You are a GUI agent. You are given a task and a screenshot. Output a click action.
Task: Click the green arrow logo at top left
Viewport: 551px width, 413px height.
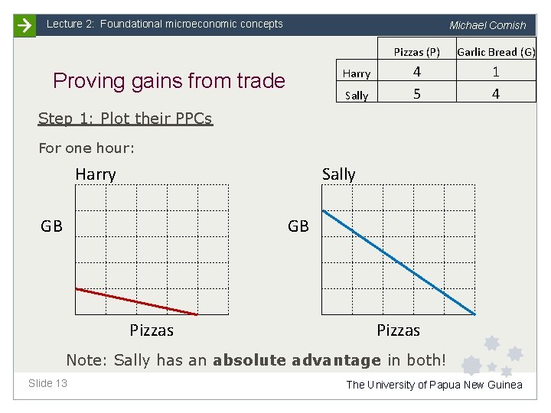click(24, 25)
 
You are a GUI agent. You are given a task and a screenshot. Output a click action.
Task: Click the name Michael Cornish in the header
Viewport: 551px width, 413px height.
click(487, 25)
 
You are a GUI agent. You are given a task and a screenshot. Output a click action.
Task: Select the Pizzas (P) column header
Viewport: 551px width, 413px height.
click(416, 52)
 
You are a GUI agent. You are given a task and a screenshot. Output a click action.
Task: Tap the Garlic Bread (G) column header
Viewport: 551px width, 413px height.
click(496, 52)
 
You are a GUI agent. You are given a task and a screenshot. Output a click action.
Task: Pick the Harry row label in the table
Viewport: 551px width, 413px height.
click(357, 73)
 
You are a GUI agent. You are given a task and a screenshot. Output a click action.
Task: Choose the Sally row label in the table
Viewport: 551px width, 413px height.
click(357, 96)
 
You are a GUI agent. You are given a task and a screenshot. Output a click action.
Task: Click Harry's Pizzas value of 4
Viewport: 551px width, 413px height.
click(417, 73)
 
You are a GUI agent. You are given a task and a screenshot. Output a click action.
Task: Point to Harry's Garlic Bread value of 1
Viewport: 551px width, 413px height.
click(496, 73)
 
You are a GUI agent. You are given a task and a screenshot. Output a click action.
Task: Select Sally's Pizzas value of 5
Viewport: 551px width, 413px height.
click(417, 95)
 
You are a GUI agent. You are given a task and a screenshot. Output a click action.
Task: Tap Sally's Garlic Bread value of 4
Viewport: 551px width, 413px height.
click(496, 95)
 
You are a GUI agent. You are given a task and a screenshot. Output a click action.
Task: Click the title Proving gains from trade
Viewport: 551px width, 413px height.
click(168, 81)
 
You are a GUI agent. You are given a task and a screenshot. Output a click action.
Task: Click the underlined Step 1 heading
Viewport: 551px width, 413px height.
click(125, 119)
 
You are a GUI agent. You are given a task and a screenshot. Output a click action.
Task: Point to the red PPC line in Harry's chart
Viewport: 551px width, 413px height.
click(136, 301)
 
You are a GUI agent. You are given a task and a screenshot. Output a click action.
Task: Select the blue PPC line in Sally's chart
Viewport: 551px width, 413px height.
click(399, 262)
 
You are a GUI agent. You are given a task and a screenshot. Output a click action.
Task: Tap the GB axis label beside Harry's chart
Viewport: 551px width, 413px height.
click(52, 226)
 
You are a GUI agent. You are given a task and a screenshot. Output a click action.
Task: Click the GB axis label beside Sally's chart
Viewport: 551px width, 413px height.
click(298, 226)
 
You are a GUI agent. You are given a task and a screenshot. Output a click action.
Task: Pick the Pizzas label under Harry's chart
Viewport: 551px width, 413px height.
click(152, 330)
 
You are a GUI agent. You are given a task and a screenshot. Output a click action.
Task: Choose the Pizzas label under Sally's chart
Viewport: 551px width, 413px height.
click(398, 330)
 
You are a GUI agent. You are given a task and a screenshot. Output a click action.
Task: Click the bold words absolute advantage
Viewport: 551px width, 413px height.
click(297, 360)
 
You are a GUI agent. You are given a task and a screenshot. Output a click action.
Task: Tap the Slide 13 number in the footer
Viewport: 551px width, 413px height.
click(47, 383)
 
